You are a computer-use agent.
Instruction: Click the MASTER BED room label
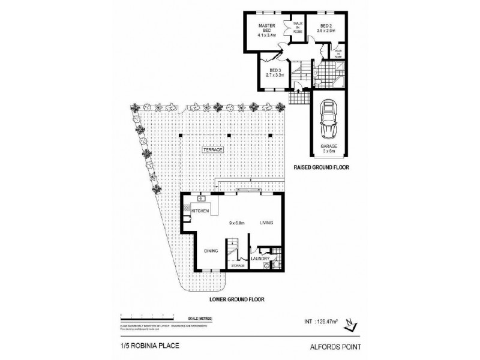tap(266, 30)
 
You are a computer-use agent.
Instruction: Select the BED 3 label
tap(274, 72)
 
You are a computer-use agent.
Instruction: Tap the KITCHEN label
tap(200, 211)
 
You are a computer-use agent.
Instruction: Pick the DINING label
tap(209, 251)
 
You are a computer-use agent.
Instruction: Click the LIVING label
tap(266, 223)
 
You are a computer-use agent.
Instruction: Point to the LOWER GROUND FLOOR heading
tap(237, 298)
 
